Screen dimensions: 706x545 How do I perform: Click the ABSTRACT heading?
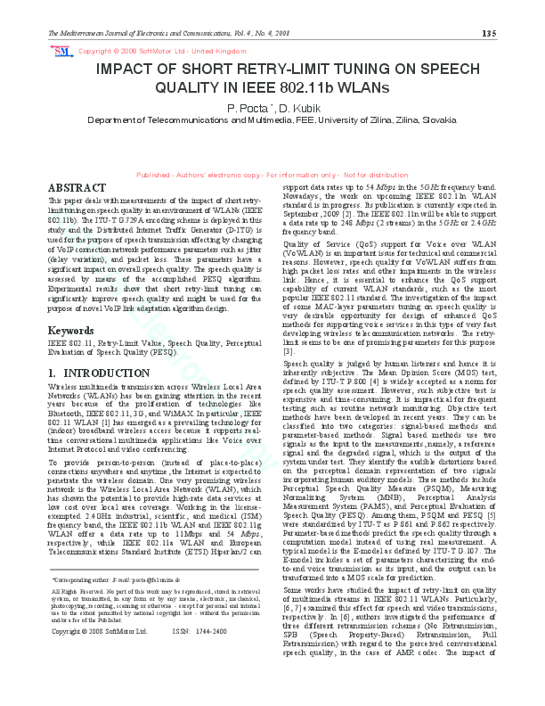click(x=76, y=188)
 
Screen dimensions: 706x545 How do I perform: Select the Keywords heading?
click(x=70, y=331)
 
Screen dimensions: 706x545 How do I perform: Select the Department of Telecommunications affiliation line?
click(x=272, y=119)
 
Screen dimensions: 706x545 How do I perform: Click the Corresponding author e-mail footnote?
click(x=117, y=579)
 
